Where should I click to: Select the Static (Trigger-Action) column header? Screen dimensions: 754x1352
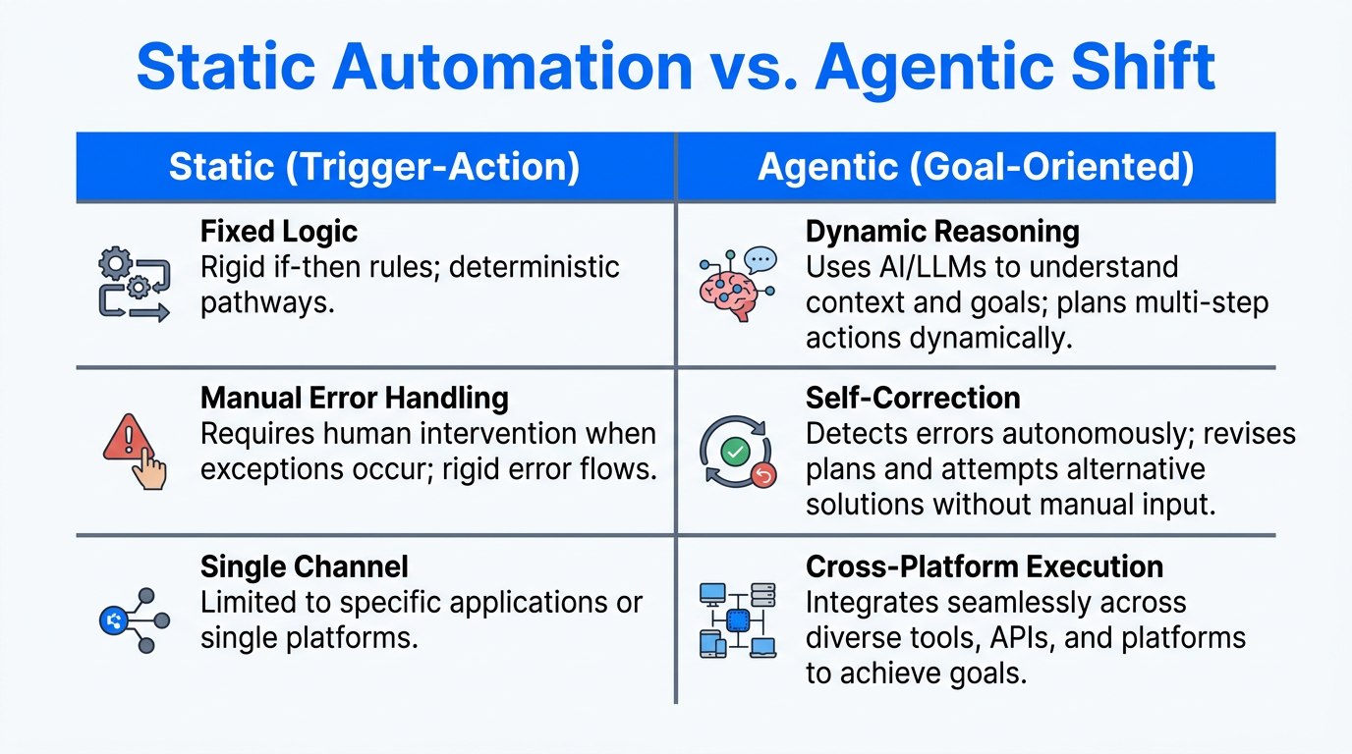tap(374, 167)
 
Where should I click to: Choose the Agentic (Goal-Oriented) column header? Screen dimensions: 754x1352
tap(976, 167)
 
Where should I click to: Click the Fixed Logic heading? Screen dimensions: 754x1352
tap(279, 232)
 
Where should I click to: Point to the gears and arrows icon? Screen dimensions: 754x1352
tap(135, 285)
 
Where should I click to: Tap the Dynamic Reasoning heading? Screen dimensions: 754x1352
tap(942, 232)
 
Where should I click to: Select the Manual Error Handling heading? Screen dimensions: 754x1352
tap(354, 399)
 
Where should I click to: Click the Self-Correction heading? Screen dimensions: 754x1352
tap(913, 398)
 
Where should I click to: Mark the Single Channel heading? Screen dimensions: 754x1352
tap(304, 566)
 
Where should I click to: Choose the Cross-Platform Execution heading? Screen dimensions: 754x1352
tap(984, 566)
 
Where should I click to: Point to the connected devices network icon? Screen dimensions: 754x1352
tap(737, 619)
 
